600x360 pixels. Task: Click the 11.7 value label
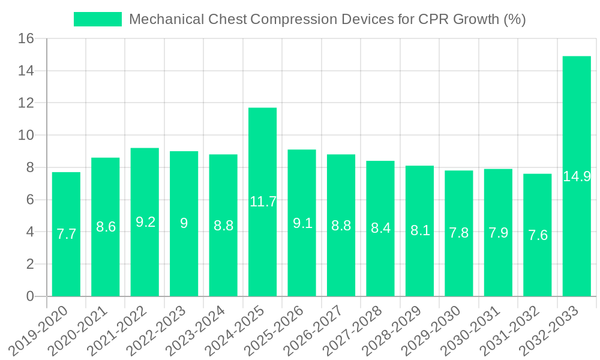263,202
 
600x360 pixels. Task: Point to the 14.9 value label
577,176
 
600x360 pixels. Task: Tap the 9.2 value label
145,222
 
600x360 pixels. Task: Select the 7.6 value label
538,235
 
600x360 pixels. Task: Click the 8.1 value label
420,230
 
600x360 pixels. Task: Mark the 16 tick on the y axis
27,39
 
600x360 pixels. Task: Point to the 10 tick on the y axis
27,136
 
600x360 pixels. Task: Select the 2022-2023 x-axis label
163,329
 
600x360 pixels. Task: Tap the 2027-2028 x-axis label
359,329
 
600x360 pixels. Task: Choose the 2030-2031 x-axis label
477,329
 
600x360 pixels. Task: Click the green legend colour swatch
97,19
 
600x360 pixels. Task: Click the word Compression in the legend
291,19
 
